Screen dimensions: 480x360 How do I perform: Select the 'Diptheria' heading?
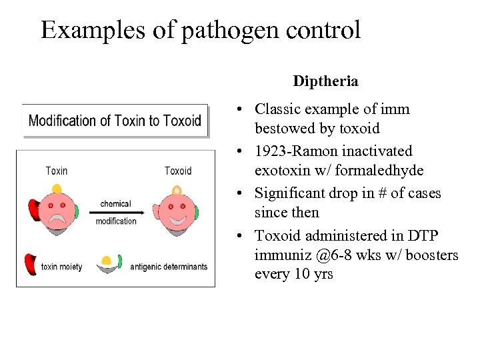tap(325, 81)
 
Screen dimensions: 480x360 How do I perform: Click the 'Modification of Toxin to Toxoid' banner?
tap(115, 121)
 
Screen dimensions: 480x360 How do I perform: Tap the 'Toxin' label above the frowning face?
tap(57, 171)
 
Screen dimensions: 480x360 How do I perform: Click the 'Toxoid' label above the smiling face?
tap(178, 171)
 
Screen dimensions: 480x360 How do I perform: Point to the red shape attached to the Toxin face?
tap(33, 209)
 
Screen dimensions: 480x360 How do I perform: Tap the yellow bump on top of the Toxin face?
tap(57, 188)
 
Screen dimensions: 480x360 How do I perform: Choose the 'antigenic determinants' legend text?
tap(169, 267)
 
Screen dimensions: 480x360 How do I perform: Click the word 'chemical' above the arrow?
tap(115, 204)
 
